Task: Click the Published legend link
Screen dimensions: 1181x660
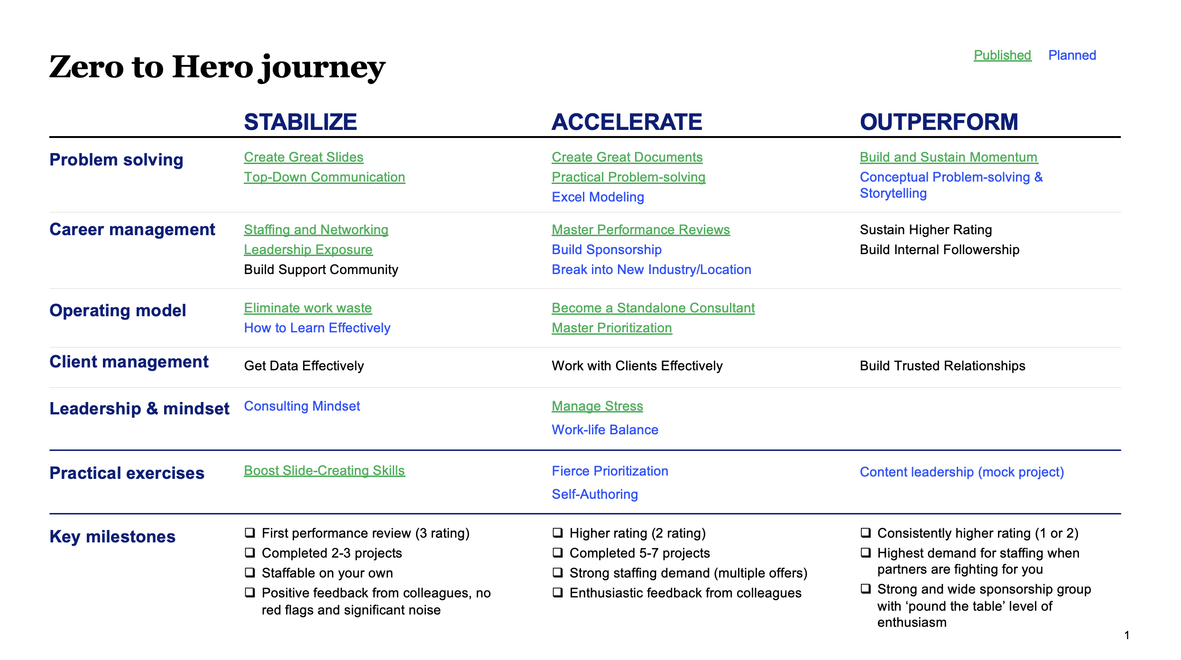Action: pyautogui.click(x=1002, y=55)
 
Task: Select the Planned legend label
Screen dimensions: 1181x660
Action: pyautogui.click(x=1072, y=55)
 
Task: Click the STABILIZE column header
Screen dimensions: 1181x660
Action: pyautogui.click(x=300, y=122)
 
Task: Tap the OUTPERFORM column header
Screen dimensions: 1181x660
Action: pyautogui.click(x=939, y=122)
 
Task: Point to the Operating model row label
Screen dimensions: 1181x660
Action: pyautogui.click(x=118, y=311)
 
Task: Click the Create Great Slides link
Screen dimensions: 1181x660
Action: pyautogui.click(x=304, y=157)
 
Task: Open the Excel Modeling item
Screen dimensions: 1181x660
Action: pyautogui.click(x=598, y=197)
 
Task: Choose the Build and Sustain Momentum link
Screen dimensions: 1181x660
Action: pyautogui.click(x=949, y=157)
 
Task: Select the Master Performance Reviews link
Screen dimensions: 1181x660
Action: pyautogui.click(x=641, y=230)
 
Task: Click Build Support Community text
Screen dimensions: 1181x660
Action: pyautogui.click(x=321, y=270)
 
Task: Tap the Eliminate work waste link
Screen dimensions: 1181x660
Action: pyautogui.click(x=308, y=308)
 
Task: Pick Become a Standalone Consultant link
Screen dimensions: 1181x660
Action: pyautogui.click(x=653, y=308)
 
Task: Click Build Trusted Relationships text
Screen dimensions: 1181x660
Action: pyautogui.click(x=942, y=366)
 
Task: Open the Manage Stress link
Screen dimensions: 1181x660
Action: pyautogui.click(x=597, y=406)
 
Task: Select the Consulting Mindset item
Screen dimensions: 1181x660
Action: pyautogui.click(x=302, y=406)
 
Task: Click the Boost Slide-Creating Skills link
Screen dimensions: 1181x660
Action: pyautogui.click(x=324, y=471)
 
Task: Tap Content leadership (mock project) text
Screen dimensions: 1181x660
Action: pyautogui.click(x=962, y=472)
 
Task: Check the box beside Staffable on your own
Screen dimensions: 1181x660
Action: pyautogui.click(x=250, y=572)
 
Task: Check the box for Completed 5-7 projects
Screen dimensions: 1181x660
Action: pyautogui.click(x=558, y=552)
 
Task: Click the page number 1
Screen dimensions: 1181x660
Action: pyautogui.click(x=1127, y=635)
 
